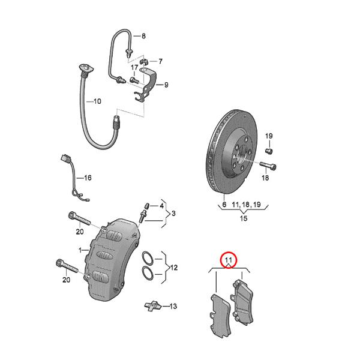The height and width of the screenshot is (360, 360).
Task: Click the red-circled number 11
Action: [228, 260]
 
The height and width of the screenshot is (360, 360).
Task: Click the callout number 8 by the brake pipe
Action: [143, 36]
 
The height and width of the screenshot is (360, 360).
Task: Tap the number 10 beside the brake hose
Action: [97, 101]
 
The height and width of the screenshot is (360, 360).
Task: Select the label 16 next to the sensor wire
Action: [88, 178]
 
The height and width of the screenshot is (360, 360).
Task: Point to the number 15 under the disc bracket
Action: [244, 218]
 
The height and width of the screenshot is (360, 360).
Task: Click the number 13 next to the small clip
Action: [173, 306]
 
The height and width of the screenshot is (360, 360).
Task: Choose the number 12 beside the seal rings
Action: [174, 268]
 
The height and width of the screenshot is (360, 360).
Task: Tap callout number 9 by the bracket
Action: [166, 85]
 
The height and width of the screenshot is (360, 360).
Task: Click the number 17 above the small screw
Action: [134, 67]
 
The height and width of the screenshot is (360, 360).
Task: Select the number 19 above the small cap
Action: [269, 136]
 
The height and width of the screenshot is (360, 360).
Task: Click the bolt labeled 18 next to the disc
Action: [268, 166]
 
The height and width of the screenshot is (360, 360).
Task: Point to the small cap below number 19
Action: [269, 151]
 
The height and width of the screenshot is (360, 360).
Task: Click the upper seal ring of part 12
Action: [148, 258]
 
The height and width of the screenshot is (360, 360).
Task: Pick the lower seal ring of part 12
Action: [148, 273]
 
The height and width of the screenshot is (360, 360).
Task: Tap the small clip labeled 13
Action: [153, 306]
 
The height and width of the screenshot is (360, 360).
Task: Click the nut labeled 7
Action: [144, 61]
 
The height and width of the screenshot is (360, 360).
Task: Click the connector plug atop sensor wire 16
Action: [65, 159]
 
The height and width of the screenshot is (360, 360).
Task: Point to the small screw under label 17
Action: [134, 80]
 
